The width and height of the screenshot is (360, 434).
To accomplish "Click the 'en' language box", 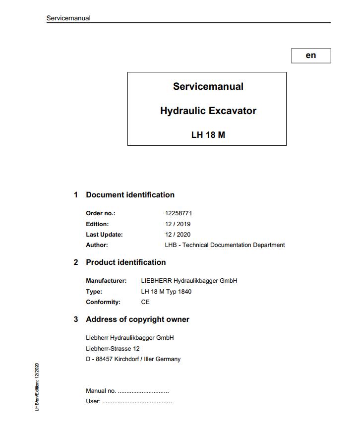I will (x=311, y=56).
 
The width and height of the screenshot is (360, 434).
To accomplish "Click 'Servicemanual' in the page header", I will (x=68, y=18).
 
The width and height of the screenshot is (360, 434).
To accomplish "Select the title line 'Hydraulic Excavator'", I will (x=208, y=111).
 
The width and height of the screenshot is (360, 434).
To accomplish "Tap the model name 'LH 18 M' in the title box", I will (x=208, y=134).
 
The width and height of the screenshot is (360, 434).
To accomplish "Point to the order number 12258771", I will (x=179, y=213).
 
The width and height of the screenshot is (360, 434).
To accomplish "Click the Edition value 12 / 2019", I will (x=178, y=224).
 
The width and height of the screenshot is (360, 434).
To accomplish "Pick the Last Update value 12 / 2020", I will (x=178, y=235).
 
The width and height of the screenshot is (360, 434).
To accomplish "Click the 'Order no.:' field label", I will (x=101, y=213).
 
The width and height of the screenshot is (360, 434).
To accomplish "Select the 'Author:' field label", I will (x=97, y=245).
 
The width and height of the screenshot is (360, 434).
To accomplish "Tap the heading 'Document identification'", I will (x=130, y=195).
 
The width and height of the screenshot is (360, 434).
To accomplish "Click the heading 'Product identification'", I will (x=126, y=262).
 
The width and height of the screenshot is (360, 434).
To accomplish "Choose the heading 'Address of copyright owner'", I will (x=137, y=319).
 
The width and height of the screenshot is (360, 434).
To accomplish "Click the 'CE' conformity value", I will (x=145, y=302).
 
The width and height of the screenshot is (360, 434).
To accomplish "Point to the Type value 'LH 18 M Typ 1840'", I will (x=166, y=292).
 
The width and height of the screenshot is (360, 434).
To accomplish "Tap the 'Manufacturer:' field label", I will (x=106, y=281).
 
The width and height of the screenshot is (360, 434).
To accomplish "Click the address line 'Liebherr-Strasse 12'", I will (x=113, y=349).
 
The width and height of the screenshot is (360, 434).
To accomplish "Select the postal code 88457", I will (x=103, y=359).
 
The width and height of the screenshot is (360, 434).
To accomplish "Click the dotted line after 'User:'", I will (x=137, y=402).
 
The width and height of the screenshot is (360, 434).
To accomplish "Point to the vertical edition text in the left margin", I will (x=37, y=387).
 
